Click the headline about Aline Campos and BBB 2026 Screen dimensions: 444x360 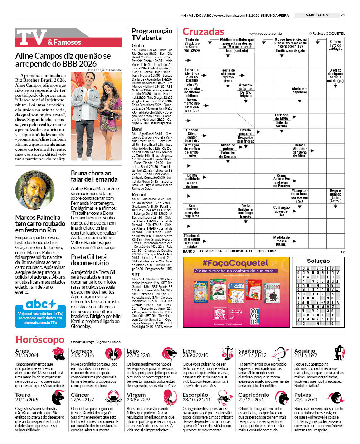click(x=63, y=60)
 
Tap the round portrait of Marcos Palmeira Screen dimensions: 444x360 click(x=35, y=190)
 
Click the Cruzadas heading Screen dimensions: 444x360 click(x=203, y=32)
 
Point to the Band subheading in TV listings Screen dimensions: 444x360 click(x=137, y=129)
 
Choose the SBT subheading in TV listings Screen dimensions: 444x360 click(x=136, y=275)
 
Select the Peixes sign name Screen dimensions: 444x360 click(x=302, y=395)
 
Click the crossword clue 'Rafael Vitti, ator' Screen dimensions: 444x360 click(x=300, y=150)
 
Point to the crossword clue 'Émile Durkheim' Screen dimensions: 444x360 click(x=245, y=211)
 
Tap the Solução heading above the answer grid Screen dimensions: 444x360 click(x=318, y=261)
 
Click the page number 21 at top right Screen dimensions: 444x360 click(x=343, y=15)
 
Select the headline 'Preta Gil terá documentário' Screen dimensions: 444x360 click(x=89, y=260)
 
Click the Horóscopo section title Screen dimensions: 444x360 click(x=40, y=339)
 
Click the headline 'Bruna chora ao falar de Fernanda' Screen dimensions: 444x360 click(x=94, y=176)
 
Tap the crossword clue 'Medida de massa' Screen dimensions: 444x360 click(x=281, y=241)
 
